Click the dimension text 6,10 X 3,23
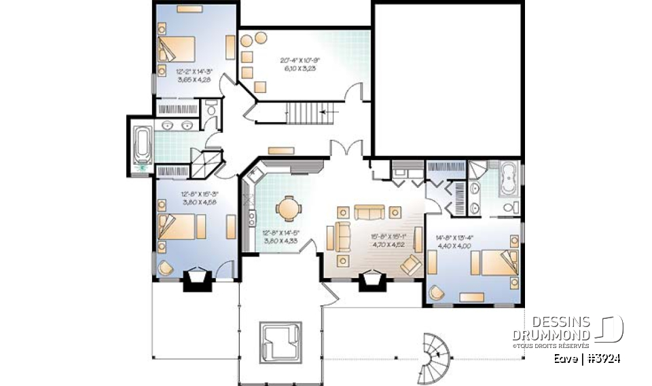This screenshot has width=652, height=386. pyautogui.click(x=300, y=69)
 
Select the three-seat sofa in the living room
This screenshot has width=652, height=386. pyautogui.click(x=367, y=212)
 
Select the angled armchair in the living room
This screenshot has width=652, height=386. pyautogui.click(x=411, y=263)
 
